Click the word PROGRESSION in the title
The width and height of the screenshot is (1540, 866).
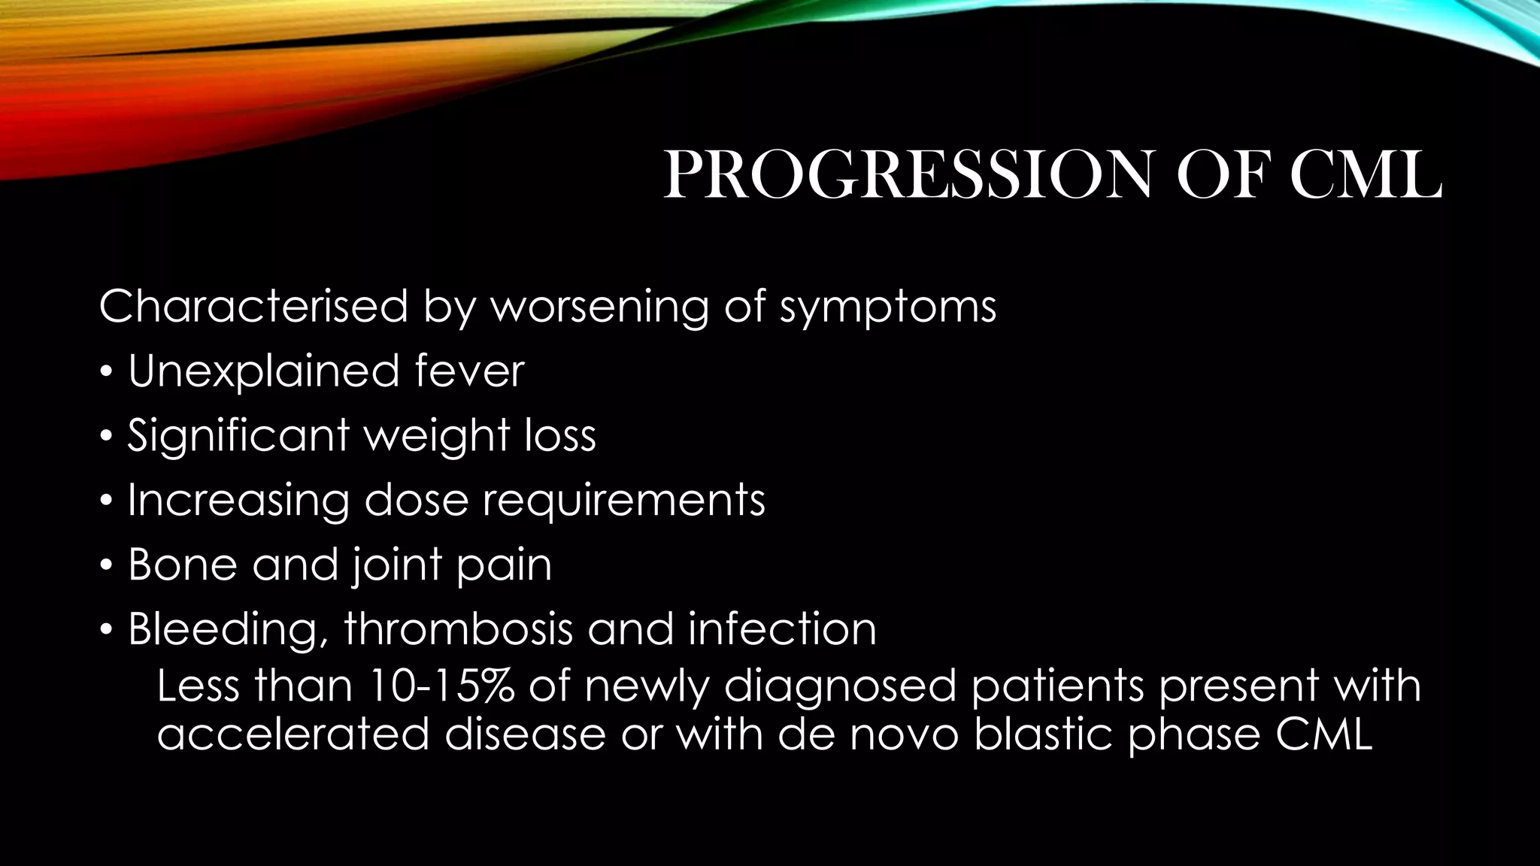[x=907, y=175]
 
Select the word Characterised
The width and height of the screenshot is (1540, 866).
[x=253, y=307]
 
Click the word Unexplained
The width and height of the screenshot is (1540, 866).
[x=263, y=372]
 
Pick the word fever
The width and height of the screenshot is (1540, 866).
[x=469, y=372]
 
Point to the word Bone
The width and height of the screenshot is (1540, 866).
[x=182, y=565]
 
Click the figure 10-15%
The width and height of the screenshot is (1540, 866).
[x=441, y=686]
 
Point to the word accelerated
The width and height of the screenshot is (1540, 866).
[x=293, y=734]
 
